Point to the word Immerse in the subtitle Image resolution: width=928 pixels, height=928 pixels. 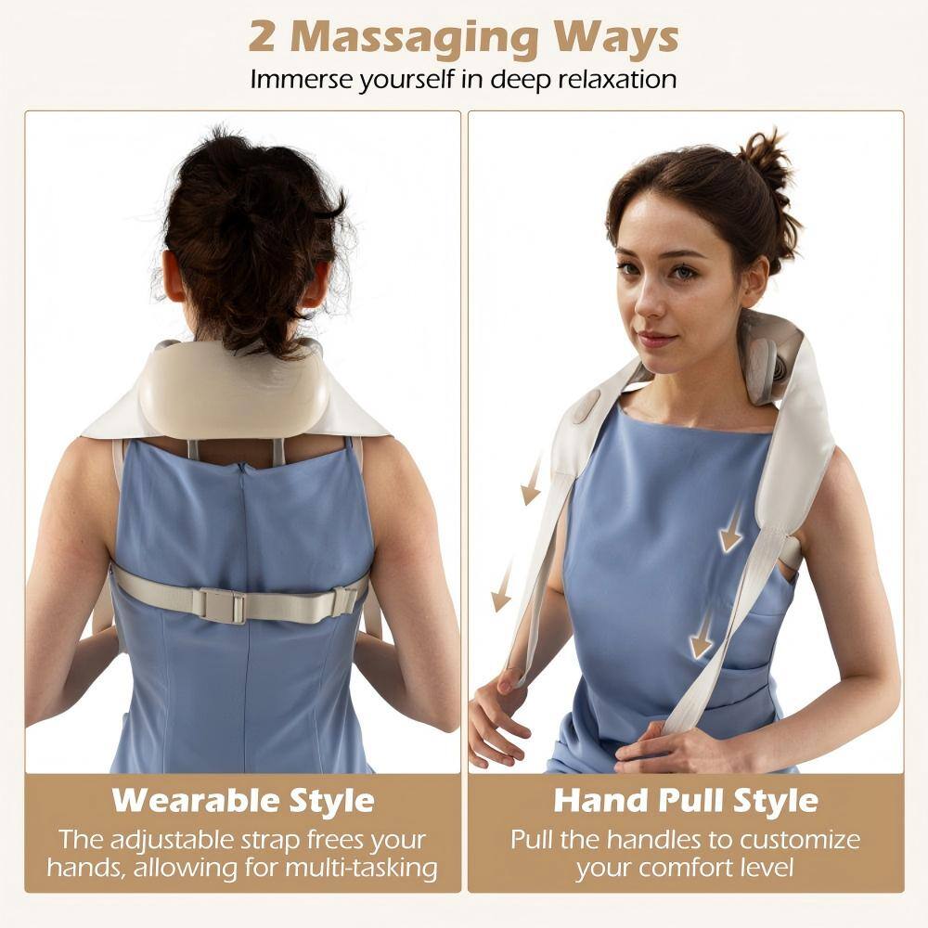(x=303, y=80)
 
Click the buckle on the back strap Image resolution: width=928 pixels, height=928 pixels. (x=223, y=606)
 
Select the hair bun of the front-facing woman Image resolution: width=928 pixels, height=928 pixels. (x=769, y=162)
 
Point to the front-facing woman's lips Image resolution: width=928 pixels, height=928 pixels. (x=657, y=338)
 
